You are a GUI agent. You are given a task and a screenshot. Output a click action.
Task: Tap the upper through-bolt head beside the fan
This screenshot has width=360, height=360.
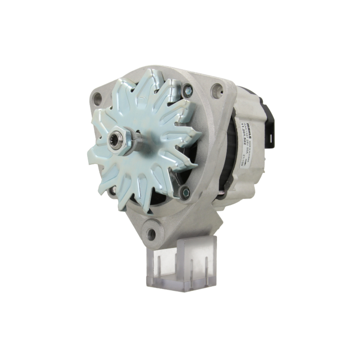(x=187, y=90)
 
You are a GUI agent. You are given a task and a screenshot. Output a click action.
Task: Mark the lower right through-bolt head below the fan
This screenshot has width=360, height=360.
(x=185, y=193)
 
